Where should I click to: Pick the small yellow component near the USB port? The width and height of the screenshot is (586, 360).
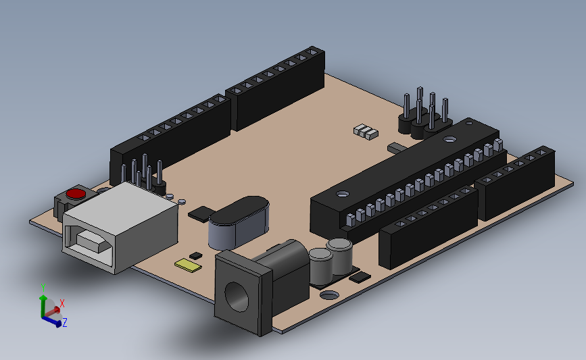pyautogui.click(x=188, y=264)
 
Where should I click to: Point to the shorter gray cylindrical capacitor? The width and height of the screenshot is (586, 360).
pyautogui.click(x=319, y=264)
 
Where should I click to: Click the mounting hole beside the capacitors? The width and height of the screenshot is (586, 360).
pyautogui.click(x=329, y=294)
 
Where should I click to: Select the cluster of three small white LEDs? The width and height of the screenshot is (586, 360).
pyautogui.click(x=365, y=131)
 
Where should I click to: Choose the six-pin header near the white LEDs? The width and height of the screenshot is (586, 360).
pyautogui.click(x=424, y=115)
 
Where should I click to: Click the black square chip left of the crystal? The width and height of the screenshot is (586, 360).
pyautogui.click(x=200, y=215)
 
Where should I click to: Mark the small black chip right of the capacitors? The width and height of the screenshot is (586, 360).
pyautogui.click(x=360, y=276)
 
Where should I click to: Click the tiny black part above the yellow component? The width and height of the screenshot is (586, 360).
pyautogui.click(x=196, y=255)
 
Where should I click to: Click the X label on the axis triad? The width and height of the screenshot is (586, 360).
pyautogui.click(x=62, y=303)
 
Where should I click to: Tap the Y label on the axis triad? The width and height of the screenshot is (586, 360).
pyautogui.click(x=43, y=287)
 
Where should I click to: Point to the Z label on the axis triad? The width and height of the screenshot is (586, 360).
pyautogui.click(x=65, y=324)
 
